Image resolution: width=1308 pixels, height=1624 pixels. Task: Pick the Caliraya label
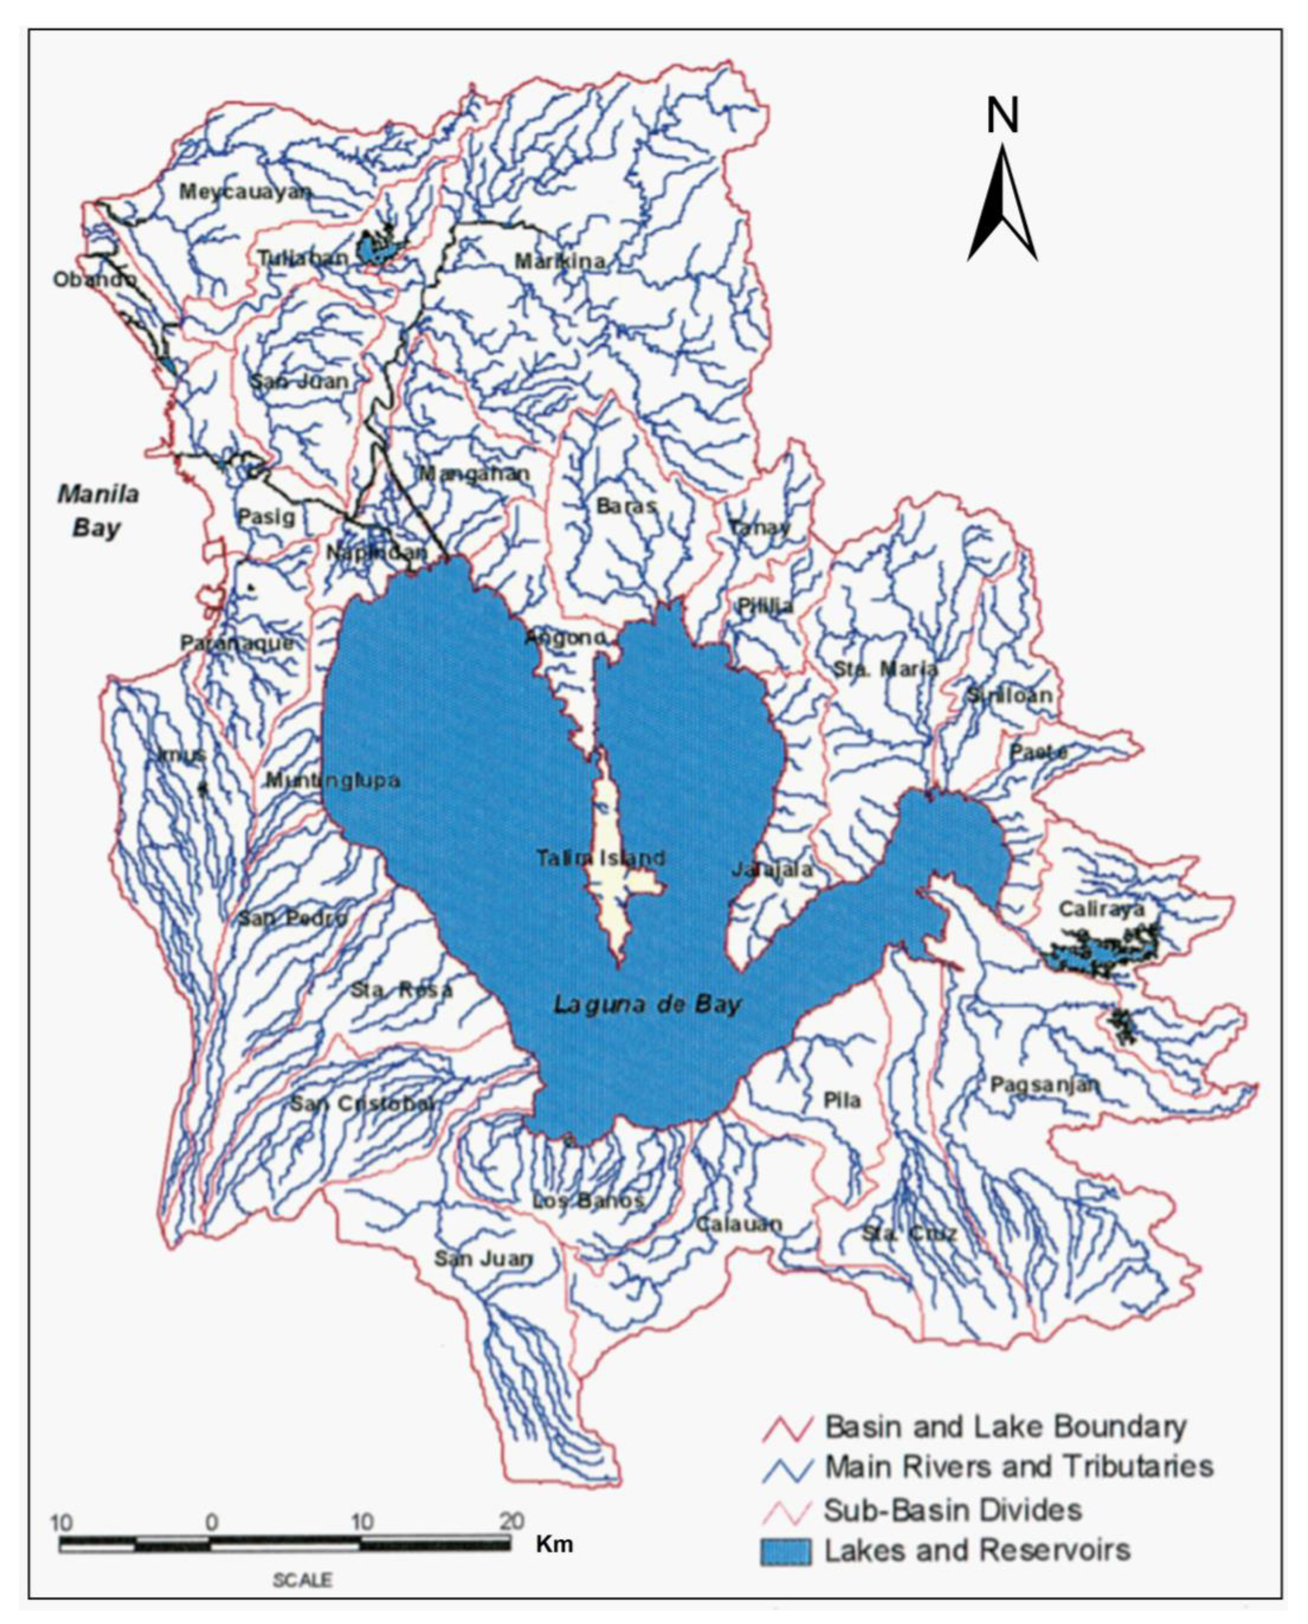coord(1101,910)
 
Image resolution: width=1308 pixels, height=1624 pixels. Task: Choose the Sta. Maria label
coord(885,669)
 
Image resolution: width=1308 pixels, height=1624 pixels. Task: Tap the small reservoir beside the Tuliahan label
coord(379,248)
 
